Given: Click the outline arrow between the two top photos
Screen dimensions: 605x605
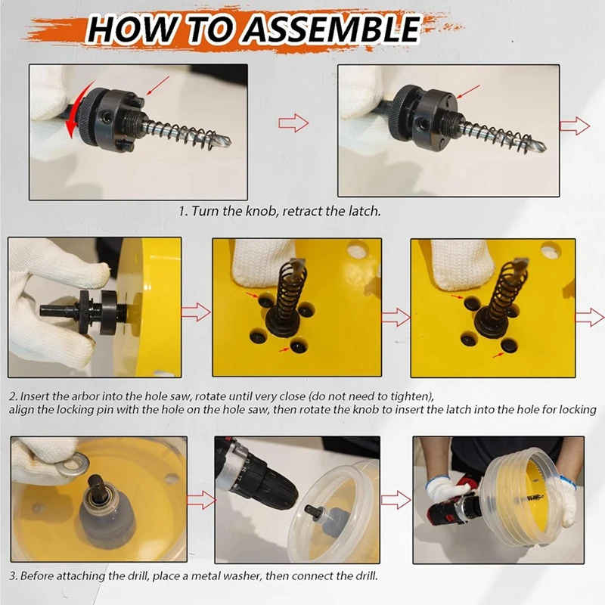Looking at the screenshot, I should (293, 123).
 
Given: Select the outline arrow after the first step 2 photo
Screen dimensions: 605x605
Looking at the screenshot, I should (196, 311).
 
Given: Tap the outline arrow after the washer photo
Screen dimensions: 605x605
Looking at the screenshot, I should (199, 500).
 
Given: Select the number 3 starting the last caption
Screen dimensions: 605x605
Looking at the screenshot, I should (12, 576).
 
